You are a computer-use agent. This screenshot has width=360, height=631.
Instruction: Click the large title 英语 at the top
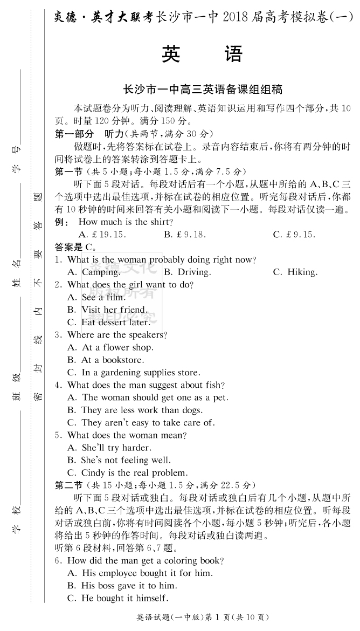[x=203, y=54]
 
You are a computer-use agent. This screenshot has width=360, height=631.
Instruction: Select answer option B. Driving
[x=186, y=272]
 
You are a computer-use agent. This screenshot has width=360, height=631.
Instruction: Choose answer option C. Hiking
[x=295, y=272]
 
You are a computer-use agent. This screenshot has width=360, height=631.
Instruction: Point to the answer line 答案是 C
[x=75, y=247]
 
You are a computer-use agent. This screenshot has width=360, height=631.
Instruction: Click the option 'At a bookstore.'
[x=106, y=360]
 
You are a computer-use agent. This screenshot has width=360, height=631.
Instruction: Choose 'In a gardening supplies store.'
[x=134, y=373]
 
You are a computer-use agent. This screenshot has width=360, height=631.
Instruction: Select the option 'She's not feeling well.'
[x=119, y=460]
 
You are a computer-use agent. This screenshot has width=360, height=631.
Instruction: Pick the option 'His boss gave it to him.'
[x=122, y=585]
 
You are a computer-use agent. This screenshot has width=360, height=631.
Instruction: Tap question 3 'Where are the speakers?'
[x=111, y=335]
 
